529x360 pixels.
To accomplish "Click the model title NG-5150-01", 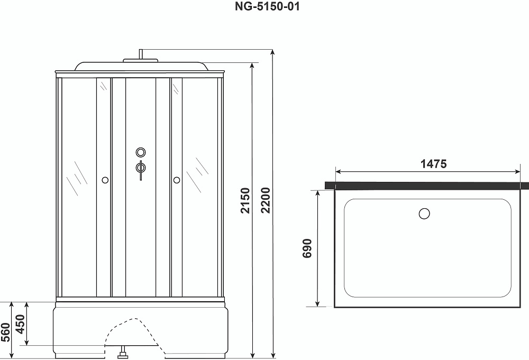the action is pos(267,6).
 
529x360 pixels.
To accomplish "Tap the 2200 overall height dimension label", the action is pos(266,200).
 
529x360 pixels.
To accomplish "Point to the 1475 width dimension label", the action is pos(434,164).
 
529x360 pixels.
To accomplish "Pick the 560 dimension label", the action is pos(6,333).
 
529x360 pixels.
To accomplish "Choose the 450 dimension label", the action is pos(21,324).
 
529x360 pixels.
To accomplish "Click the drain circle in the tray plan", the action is pos(424,214).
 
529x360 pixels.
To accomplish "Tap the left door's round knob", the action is pos(105,180).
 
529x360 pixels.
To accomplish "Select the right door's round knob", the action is pos(177,180).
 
